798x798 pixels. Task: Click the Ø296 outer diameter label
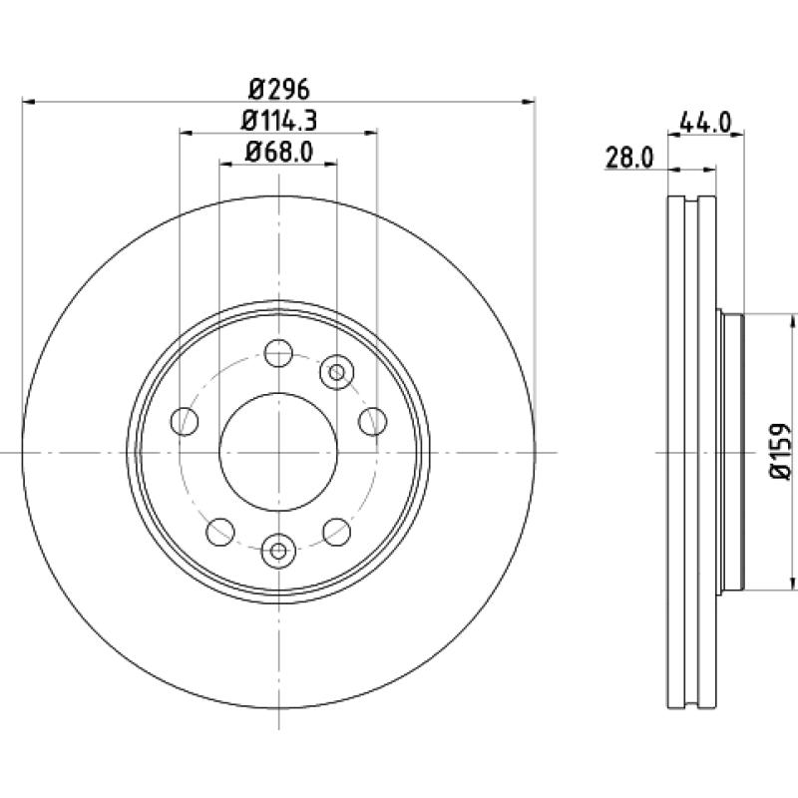point(279,90)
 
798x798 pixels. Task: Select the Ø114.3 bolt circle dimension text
point(279,121)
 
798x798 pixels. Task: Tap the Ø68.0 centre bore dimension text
point(279,152)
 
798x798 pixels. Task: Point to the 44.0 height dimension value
point(705,123)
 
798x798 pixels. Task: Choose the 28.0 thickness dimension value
point(629,158)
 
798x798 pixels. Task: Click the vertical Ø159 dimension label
point(779,451)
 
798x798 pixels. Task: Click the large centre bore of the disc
point(278,452)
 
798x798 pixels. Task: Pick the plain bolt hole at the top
point(279,353)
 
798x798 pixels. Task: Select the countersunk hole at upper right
point(336,372)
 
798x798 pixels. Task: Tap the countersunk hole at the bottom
point(278,551)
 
